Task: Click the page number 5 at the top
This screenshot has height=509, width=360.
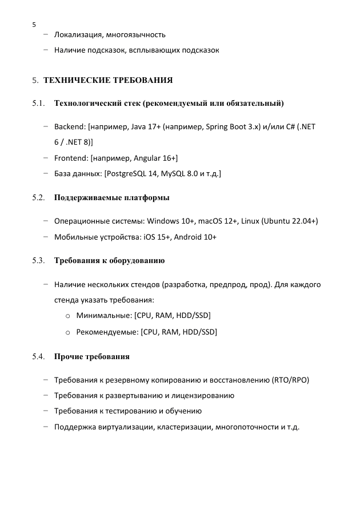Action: [x=34, y=25]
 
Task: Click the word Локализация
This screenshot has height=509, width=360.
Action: [x=77, y=35]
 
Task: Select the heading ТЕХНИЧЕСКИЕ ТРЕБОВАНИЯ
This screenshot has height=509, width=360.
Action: [x=108, y=80]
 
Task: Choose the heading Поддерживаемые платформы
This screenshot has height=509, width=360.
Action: [x=111, y=198]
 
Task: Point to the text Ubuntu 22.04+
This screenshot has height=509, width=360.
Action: [x=290, y=221]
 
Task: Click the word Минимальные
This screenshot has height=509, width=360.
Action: [x=103, y=316]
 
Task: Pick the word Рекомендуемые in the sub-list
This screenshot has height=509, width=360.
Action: [x=107, y=332]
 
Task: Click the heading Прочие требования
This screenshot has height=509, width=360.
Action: [x=92, y=356]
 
